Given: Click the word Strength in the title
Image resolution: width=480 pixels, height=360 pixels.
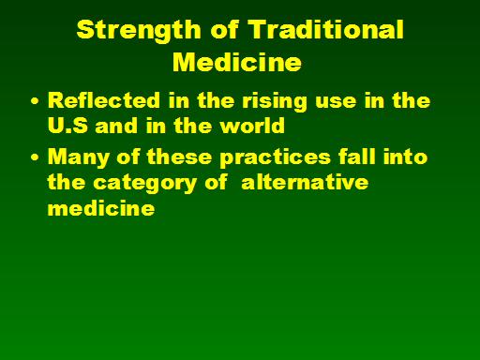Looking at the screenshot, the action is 139,31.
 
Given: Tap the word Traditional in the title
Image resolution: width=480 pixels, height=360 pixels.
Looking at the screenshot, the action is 325,29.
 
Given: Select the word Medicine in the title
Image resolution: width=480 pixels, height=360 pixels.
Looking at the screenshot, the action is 237,62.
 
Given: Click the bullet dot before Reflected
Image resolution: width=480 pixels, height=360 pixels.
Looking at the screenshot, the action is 35,101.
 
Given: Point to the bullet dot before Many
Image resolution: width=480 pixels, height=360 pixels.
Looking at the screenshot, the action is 35,157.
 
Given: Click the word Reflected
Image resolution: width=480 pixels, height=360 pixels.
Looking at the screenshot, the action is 104,100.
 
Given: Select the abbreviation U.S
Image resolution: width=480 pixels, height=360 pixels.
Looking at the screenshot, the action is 67,126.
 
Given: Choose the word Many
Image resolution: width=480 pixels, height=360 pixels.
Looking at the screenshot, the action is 79,157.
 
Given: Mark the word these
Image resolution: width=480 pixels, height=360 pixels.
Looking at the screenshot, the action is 179,157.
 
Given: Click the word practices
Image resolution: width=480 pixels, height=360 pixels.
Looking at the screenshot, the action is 275,157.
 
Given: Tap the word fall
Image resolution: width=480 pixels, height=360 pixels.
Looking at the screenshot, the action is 357,156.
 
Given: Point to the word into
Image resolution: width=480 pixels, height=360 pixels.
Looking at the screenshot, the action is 405,156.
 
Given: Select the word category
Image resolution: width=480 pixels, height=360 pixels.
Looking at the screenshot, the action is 145,184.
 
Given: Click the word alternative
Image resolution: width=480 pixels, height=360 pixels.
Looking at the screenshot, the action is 305,182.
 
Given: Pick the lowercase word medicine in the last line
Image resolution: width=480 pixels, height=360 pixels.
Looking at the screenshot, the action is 101,207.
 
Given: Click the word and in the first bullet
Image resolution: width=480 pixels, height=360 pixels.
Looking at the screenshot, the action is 116,126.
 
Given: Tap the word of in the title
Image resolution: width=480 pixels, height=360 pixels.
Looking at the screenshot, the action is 224,29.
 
